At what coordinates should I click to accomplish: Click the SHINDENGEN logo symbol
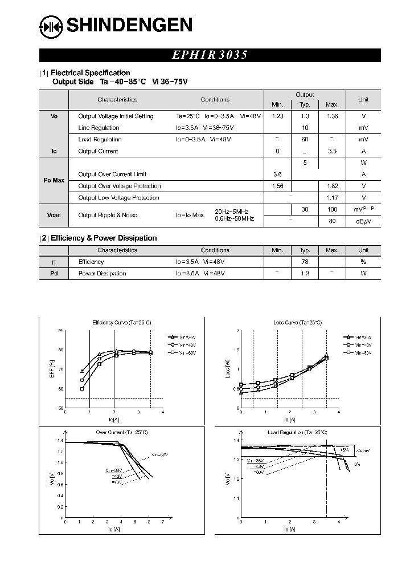coord(51,26)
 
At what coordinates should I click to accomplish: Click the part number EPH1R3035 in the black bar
coord(210,55)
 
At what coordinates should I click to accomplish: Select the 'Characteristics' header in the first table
coord(117,100)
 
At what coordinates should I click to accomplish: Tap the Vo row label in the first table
coord(54,116)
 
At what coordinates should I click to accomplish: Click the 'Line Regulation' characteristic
coord(99,128)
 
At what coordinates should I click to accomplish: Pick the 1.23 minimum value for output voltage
coord(277,116)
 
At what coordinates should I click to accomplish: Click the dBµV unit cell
coord(363,221)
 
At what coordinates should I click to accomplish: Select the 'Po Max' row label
coord(54,180)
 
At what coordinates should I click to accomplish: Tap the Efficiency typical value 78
coord(305,262)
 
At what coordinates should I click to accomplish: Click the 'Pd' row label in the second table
coord(54,274)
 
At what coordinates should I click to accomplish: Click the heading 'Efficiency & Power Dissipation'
coord(104,238)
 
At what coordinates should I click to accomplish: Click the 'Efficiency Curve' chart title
coord(122,323)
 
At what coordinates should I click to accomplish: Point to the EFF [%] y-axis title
coord(52,369)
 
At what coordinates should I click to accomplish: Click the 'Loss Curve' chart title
coord(297,323)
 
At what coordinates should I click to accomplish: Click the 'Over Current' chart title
coord(122,433)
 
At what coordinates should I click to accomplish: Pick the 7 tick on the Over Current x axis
coord(163,522)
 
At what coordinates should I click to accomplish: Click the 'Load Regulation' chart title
coord(297,433)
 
